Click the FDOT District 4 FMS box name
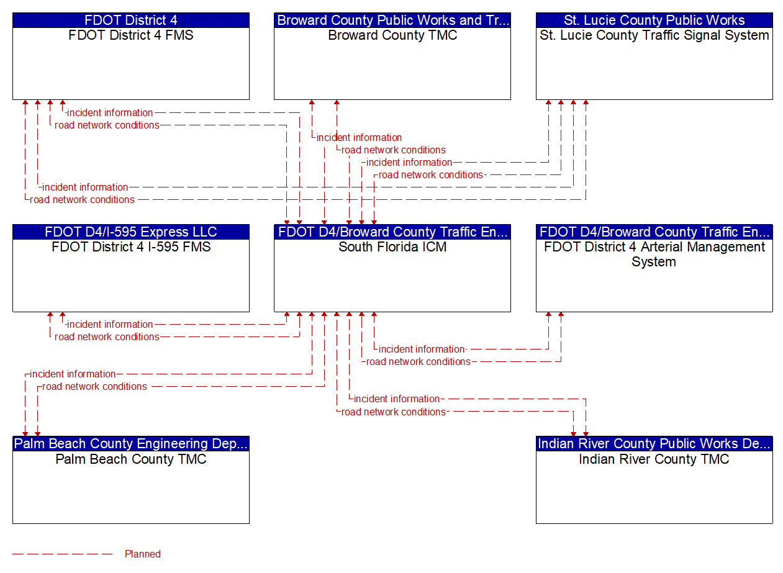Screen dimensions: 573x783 pyautogui.click(x=131, y=35)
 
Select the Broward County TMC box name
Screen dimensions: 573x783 pyautogui.click(x=392, y=35)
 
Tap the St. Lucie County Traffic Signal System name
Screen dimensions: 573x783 pyautogui.click(x=654, y=35)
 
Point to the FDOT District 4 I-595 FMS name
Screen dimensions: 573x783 pyautogui.click(x=131, y=247)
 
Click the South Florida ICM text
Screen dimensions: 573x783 pyautogui.click(x=392, y=247)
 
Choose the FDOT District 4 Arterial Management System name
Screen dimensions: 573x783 pyautogui.click(x=654, y=255)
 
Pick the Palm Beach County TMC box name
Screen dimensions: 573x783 pyautogui.click(x=131, y=459)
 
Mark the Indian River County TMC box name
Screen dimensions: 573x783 pyautogui.click(x=654, y=459)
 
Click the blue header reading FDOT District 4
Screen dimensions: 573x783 pyautogui.click(x=131, y=20)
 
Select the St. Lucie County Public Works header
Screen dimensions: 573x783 pyautogui.click(x=654, y=20)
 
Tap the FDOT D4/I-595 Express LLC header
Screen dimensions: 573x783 pyautogui.click(x=131, y=232)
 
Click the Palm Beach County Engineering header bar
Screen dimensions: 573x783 pyautogui.click(x=131, y=444)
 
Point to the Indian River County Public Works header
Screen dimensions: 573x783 pyautogui.click(x=654, y=444)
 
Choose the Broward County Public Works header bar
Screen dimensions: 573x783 pyautogui.click(x=392, y=20)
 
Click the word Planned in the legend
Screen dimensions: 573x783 pyautogui.click(x=143, y=554)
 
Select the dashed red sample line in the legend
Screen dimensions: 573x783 pyautogui.click(x=62, y=554)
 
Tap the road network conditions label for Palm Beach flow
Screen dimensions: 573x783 pyautogui.click(x=94, y=387)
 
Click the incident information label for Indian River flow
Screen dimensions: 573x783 pyautogui.click(x=397, y=399)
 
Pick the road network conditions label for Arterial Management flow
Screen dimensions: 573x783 pyautogui.click(x=419, y=362)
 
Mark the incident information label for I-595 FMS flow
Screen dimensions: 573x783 pyautogui.click(x=110, y=325)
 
